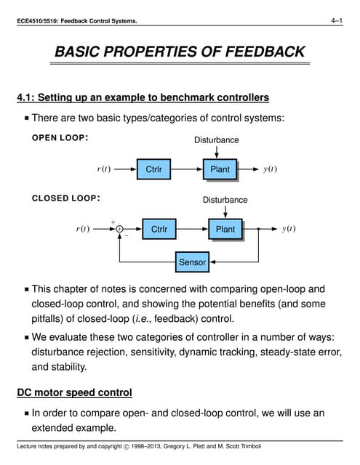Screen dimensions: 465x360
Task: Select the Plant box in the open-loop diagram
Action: tap(220, 170)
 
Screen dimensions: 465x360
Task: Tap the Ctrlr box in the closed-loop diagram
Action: tap(159, 230)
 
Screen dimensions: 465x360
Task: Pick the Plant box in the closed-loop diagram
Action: tap(225, 230)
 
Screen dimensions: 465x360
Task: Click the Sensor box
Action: tap(193, 262)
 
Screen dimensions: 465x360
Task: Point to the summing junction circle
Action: tap(119, 230)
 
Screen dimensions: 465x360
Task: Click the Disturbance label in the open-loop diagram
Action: tap(216, 140)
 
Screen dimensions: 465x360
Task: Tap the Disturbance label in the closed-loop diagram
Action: tap(225, 200)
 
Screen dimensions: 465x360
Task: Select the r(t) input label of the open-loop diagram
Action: tap(104, 170)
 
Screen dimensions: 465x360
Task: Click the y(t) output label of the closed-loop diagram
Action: tap(289, 230)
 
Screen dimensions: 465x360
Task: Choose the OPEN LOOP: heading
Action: tap(60, 138)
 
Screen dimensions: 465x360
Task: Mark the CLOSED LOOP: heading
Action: tap(65, 198)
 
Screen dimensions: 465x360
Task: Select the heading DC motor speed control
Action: tap(74, 393)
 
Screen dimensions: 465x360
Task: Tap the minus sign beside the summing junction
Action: tap(125, 236)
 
